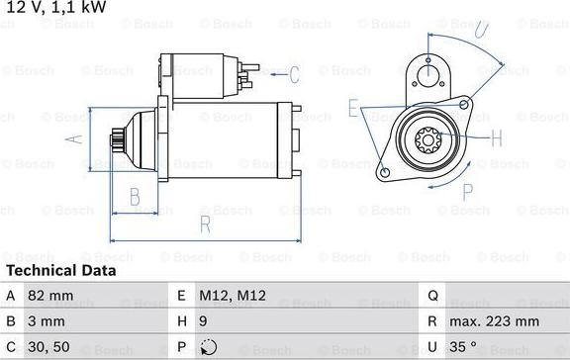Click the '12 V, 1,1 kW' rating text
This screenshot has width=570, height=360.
[x=55, y=9]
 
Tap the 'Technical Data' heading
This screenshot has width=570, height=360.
[x=60, y=270]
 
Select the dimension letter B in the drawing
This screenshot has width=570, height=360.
[x=136, y=197]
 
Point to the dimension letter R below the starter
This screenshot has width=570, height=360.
[x=205, y=225]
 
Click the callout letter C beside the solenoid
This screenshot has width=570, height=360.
[x=294, y=73]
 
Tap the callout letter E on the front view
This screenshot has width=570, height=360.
[x=353, y=108]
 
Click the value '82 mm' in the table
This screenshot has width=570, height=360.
[x=50, y=294]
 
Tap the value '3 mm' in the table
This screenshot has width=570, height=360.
[x=47, y=321]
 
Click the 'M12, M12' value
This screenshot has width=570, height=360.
[x=233, y=294]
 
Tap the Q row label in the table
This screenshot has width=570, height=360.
[x=432, y=294]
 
